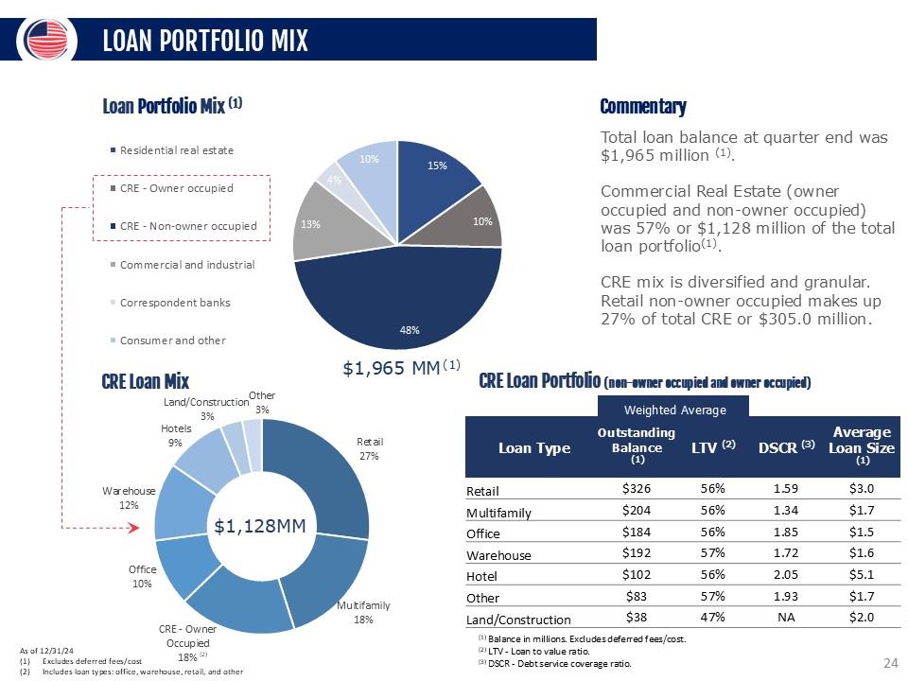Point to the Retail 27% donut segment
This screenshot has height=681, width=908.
331,473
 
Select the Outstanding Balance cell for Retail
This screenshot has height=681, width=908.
637,489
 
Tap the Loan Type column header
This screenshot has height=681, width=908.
534,447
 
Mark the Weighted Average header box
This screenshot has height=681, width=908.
673,410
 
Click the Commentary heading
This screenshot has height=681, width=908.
643,107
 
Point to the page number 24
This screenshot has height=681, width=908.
889,663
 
